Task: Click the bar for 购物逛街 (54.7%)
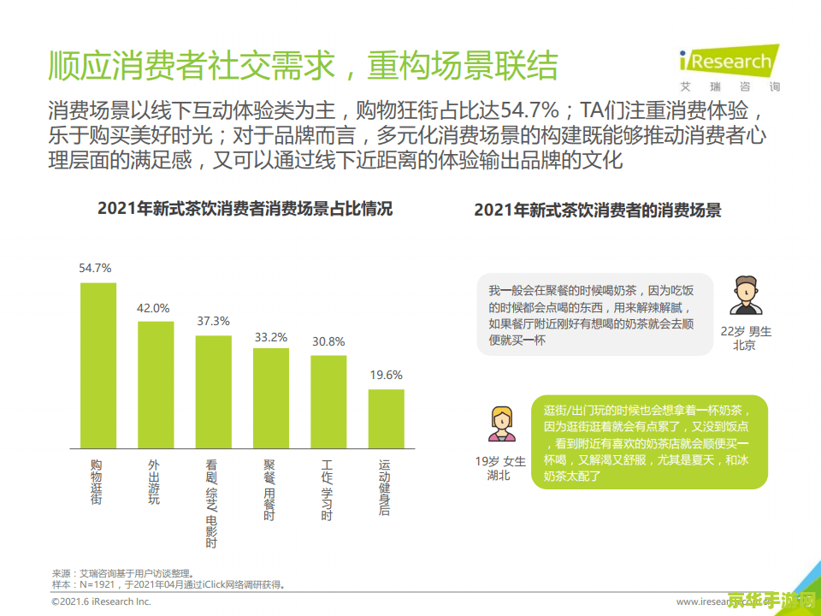(97, 364)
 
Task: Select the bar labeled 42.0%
(156, 384)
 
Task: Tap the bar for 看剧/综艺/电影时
(213, 391)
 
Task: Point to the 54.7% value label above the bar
(95, 268)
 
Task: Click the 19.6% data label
(386, 375)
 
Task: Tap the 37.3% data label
(213, 321)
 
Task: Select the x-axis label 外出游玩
(154, 482)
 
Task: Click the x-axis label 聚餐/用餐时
(269, 489)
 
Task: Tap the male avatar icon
(745, 296)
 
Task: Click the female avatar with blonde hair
(501, 423)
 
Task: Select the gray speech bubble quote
(594, 315)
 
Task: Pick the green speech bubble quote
(647, 442)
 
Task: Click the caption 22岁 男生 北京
(745, 338)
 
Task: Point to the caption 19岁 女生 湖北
(500, 467)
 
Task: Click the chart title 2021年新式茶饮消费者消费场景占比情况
(245, 209)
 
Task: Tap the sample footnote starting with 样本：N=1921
(168, 585)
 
